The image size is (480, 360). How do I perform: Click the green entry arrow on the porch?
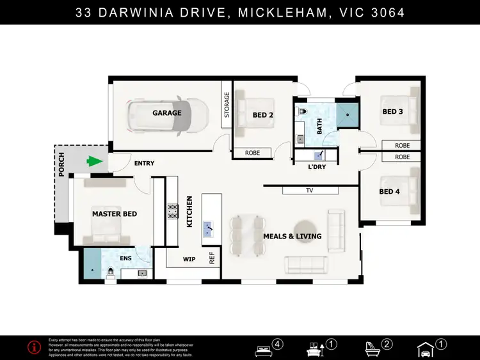95,162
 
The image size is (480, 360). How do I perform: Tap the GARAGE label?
166,113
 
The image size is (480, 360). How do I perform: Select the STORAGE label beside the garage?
227,105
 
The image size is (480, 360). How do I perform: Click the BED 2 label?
263,115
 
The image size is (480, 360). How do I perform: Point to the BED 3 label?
393,112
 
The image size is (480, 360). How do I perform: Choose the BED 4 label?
390,192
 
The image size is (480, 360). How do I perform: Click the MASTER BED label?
115,214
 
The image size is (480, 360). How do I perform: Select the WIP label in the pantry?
189,259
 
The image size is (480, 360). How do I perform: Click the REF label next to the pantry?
212,258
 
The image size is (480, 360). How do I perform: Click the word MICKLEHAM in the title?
282,12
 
